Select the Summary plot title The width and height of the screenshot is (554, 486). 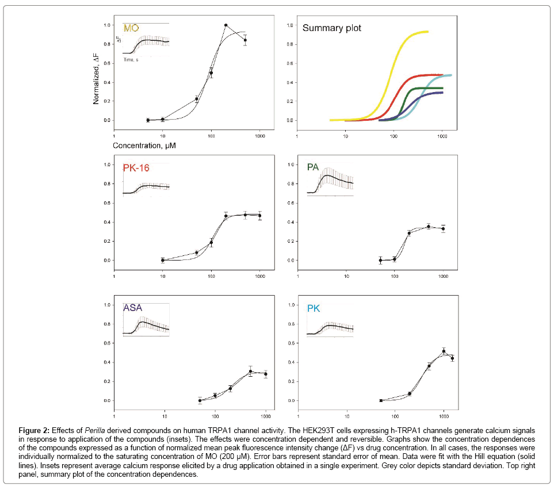[x=332, y=28]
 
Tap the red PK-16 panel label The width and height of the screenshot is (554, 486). [x=138, y=168]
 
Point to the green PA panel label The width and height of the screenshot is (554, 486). [x=313, y=167]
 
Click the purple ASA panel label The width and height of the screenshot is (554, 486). [x=133, y=308]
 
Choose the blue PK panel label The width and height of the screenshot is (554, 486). [x=314, y=308]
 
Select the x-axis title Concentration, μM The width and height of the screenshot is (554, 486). [x=144, y=146]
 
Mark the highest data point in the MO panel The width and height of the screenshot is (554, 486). [x=226, y=25]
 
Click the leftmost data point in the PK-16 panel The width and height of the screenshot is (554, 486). [x=163, y=260]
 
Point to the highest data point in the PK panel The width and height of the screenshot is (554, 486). [x=444, y=351]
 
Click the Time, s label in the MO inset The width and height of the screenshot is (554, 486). [x=131, y=60]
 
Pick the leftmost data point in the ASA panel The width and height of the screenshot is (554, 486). [x=200, y=400]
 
